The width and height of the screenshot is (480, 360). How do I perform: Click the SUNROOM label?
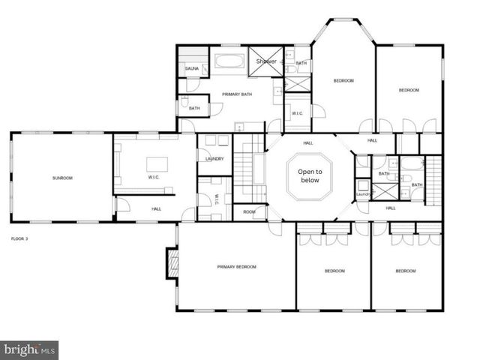[x=62, y=178]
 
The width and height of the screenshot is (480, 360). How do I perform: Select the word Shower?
[x=267, y=61]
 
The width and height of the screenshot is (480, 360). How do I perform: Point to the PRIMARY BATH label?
[x=236, y=94]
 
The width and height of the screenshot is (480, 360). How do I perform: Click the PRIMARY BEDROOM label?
[x=236, y=266]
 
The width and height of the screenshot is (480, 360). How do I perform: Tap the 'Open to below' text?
[x=310, y=176]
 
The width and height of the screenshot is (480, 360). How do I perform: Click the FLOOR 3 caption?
[x=19, y=238]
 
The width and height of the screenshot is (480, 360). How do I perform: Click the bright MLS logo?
[x=29, y=350]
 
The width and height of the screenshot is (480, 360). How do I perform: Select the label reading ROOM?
[x=249, y=212]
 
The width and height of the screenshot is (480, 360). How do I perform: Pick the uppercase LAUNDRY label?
[x=214, y=159]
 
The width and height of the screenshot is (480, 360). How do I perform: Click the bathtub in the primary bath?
[x=231, y=61]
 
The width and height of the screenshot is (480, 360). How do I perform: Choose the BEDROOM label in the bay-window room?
[x=343, y=80]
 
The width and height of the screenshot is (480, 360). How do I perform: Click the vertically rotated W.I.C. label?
[x=217, y=199]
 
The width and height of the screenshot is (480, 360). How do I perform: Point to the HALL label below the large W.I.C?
[x=156, y=208]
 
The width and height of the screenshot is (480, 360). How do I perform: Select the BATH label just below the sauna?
[x=194, y=108]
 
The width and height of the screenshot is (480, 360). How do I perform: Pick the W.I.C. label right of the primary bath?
[x=297, y=113]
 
